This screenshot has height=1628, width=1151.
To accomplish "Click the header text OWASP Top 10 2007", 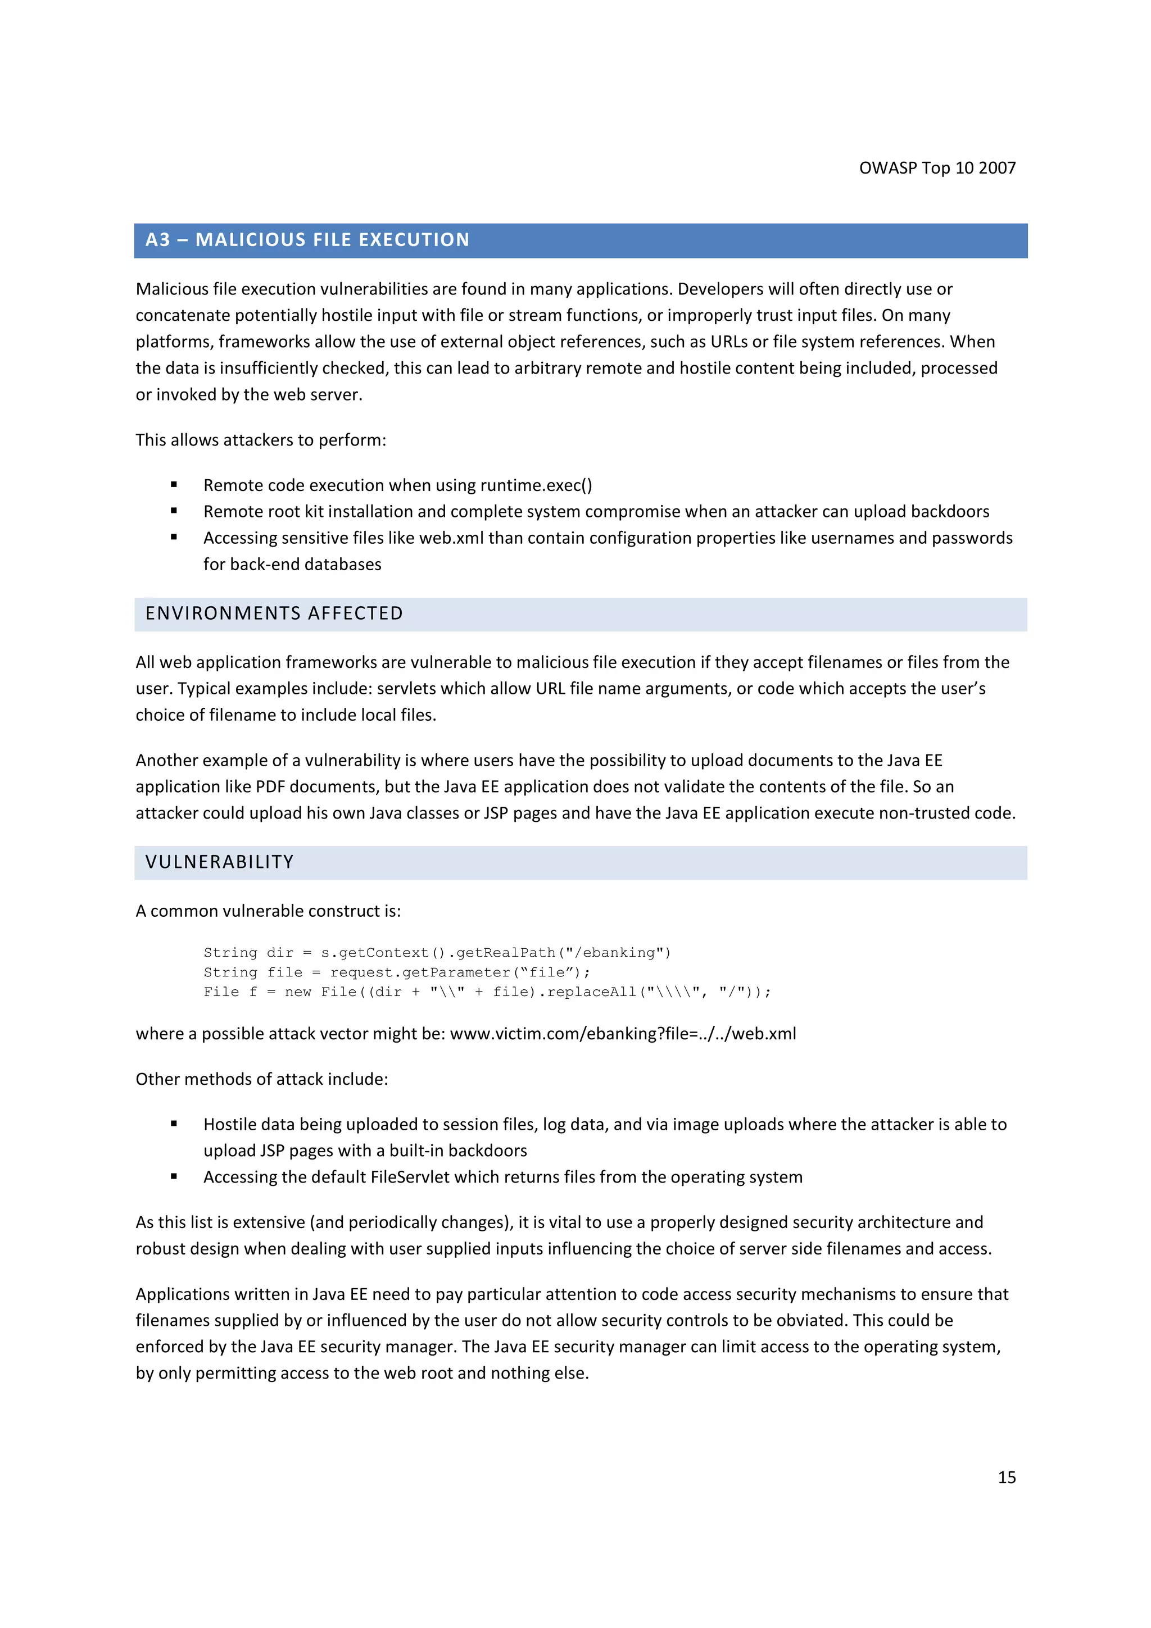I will [x=937, y=168].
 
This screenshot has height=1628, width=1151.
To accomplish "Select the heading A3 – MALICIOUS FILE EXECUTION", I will [x=307, y=240].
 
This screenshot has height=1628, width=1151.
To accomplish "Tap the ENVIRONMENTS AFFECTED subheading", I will [x=274, y=613].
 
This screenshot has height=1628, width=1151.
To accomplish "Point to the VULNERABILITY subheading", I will [x=219, y=862].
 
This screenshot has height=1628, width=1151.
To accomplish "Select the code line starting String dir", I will [x=436, y=952].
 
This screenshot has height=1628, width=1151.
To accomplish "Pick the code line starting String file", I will [x=396, y=972].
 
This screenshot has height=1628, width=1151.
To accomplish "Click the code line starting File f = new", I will [x=487, y=992].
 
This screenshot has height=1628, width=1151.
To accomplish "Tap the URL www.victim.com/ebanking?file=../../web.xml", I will [x=623, y=1034].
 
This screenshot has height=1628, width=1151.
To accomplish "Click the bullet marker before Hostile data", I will [x=174, y=1124].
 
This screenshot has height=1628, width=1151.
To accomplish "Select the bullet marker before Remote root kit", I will [x=174, y=511].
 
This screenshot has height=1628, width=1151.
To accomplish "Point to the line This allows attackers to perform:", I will [x=260, y=440].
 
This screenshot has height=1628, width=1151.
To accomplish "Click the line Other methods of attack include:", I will [x=262, y=1079].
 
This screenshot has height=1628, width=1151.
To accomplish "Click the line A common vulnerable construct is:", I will [x=268, y=911].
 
